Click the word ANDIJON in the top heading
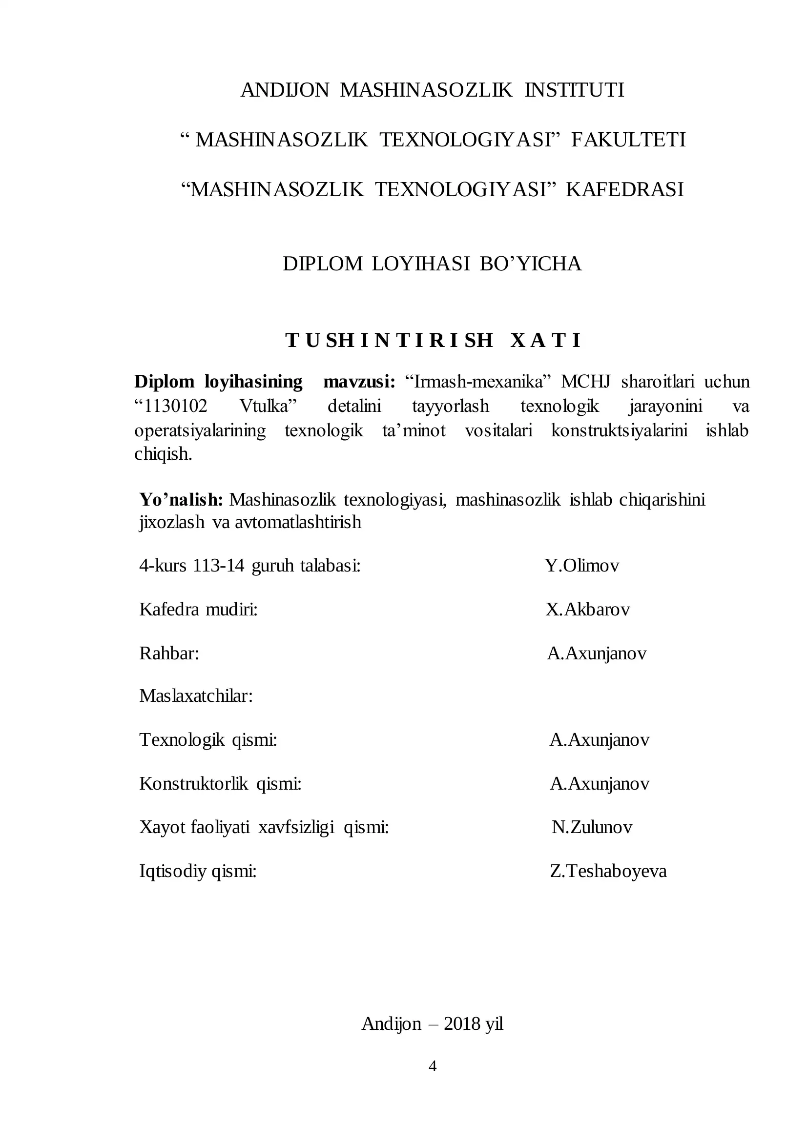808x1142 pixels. coord(285,90)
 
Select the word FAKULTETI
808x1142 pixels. coord(628,140)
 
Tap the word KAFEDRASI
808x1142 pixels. coord(624,189)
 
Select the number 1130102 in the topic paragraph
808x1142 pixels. coord(175,407)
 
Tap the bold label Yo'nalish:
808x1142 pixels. coord(181,499)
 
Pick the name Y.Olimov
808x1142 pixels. coord(581,566)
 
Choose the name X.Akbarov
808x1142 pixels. coord(588,609)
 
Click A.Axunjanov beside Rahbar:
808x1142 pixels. coord(597,653)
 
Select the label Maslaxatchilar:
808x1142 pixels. coord(196,696)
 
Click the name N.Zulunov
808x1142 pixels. coord(592,827)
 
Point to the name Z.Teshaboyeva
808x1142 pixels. coord(608,871)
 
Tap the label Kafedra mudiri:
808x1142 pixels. coord(199,609)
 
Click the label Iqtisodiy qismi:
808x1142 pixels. coord(198,871)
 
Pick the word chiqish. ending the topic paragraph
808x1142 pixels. coord(163,453)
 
